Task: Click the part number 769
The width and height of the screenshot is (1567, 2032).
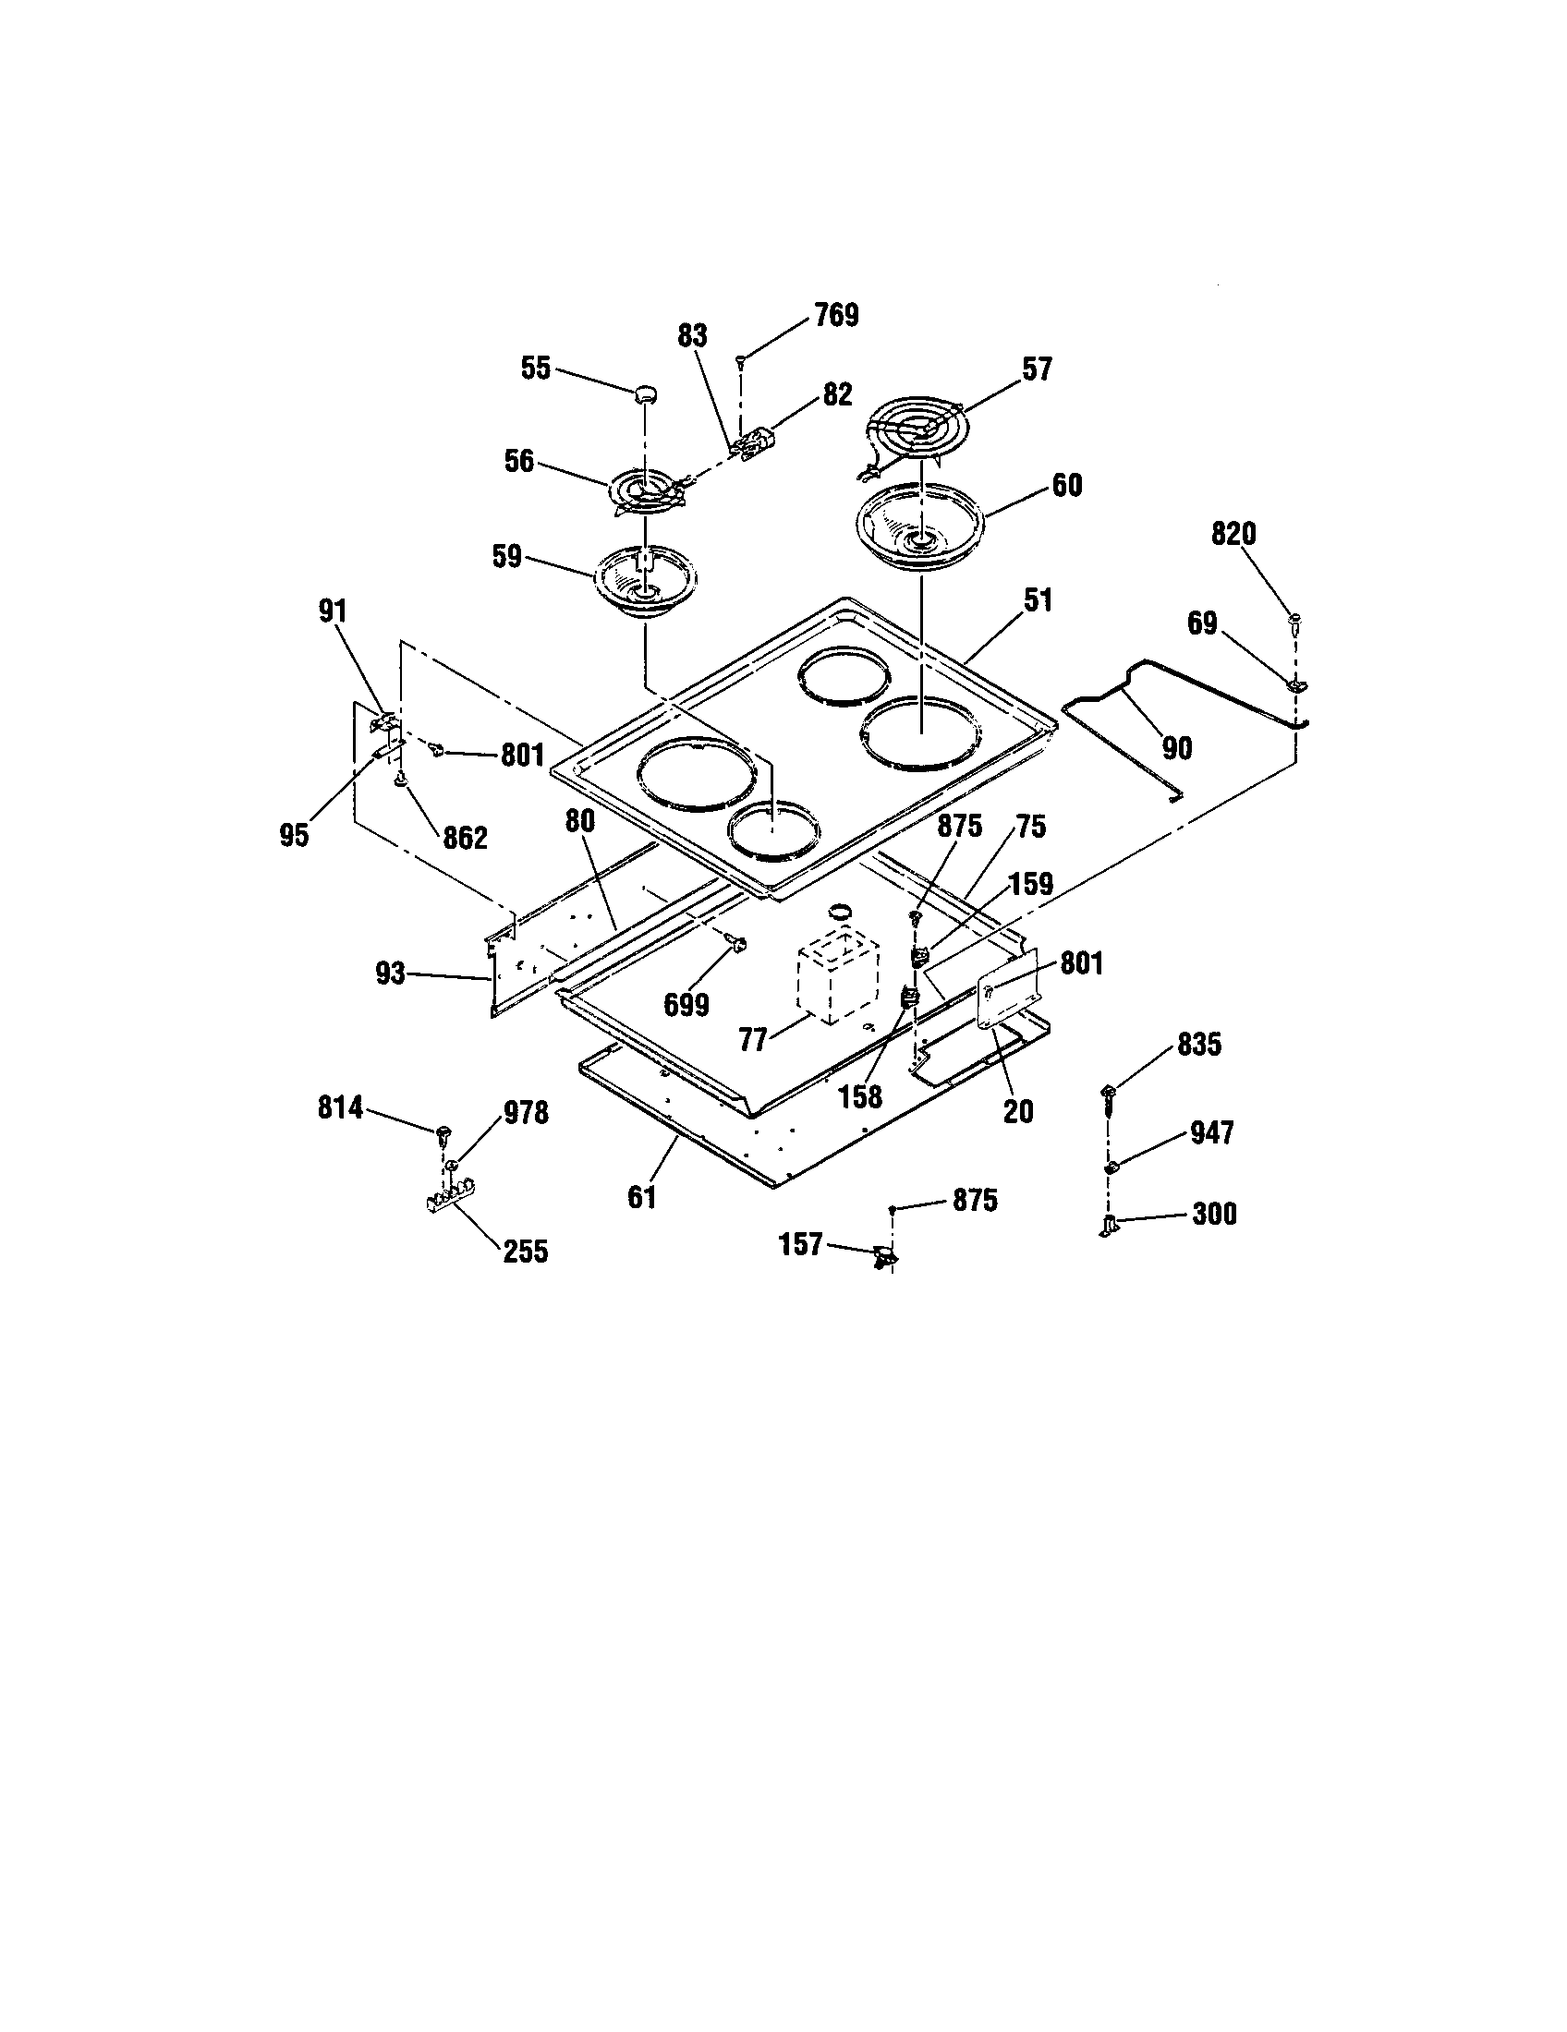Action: point(835,315)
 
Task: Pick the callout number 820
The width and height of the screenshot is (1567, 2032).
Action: point(1233,534)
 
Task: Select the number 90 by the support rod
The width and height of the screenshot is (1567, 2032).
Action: point(1176,747)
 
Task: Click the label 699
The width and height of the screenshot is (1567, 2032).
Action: point(686,1005)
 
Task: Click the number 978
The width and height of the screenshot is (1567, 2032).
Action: point(525,1113)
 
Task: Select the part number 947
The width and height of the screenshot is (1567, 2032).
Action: point(1211,1132)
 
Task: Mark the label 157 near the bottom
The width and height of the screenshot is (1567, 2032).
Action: point(800,1243)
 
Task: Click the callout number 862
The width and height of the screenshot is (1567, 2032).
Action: point(465,838)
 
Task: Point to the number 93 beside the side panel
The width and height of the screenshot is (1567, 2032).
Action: point(391,974)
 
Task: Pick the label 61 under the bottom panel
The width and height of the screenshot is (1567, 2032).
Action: point(642,1196)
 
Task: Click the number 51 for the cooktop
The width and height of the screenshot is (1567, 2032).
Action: point(1037,600)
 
